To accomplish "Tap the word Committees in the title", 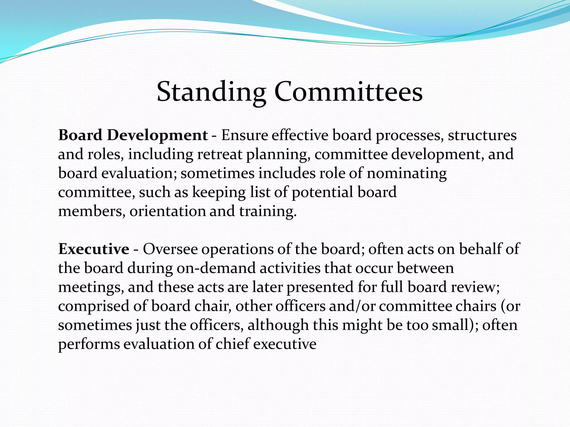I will coord(348,92).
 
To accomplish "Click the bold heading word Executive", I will coord(94,249).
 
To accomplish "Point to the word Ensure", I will coord(244,135).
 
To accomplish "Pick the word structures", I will coord(482,135).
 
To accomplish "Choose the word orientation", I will coord(168,211).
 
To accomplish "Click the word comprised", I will coord(94,306).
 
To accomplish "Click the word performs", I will coord(89,344).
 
